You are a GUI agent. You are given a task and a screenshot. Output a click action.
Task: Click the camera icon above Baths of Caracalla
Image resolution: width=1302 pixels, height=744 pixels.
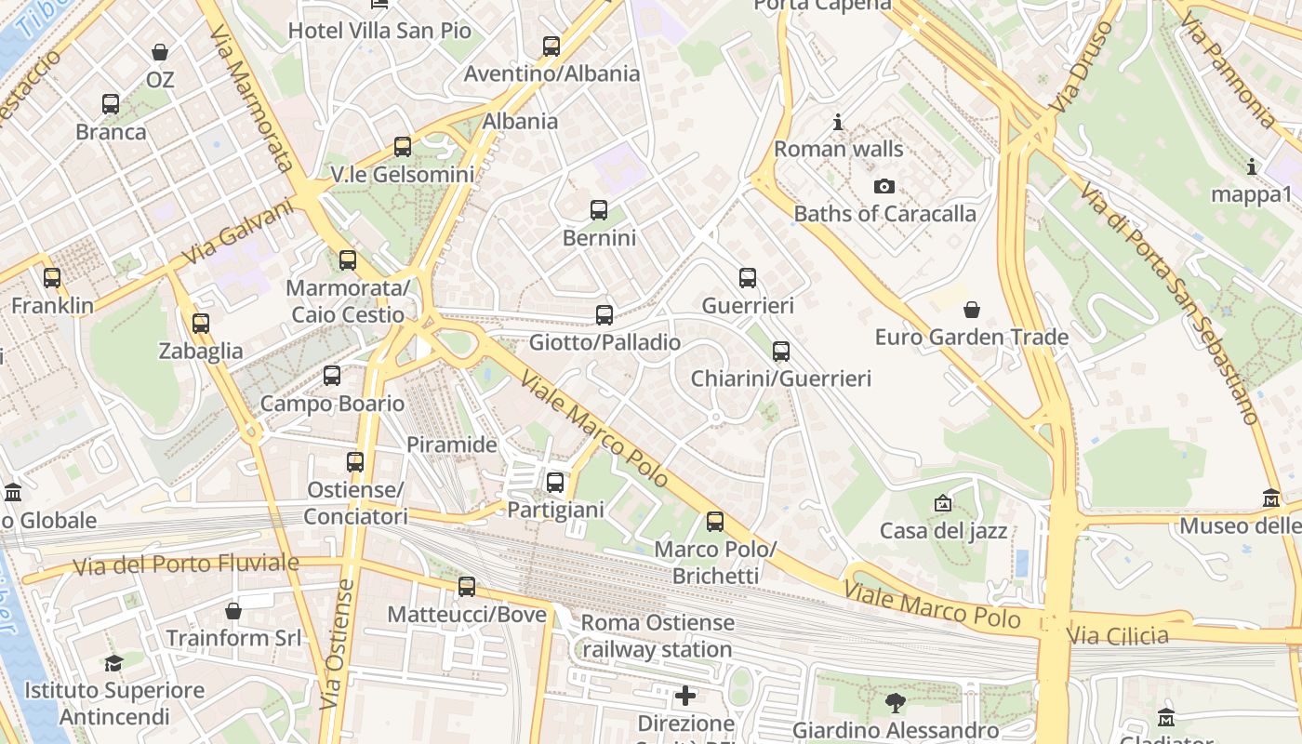click(x=884, y=187)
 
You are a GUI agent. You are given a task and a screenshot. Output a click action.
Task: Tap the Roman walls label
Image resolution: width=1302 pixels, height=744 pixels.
click(x=838, y=149)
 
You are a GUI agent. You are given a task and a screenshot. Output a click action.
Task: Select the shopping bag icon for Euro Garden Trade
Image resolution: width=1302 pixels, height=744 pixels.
click(x=972, y=310)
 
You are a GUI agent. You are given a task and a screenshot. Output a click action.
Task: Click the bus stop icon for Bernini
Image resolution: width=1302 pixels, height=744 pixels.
click(x=599, y=210)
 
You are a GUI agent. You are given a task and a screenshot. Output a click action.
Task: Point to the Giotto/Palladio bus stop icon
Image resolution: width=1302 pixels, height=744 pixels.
click(x=604, y=315)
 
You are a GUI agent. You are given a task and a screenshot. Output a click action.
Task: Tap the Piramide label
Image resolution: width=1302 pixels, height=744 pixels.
click(x=452, y=445)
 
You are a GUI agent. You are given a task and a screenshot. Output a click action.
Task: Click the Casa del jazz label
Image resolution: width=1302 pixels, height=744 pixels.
click(x=943, y=531)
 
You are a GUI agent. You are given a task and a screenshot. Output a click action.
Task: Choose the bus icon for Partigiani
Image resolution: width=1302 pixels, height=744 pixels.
click(x=555, y=483)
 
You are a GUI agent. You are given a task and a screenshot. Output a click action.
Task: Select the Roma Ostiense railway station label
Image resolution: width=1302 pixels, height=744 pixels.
click(x=658, y=636)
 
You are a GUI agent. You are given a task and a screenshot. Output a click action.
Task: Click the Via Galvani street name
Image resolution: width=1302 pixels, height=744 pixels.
click(x=237, y=232)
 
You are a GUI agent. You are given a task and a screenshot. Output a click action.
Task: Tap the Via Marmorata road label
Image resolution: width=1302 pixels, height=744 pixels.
click(x=250, y=99)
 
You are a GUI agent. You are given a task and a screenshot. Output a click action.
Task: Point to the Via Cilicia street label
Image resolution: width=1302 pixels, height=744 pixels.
click(x=1118, y=636)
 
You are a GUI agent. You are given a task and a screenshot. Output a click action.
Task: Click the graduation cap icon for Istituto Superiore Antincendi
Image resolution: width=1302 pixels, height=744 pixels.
click(x=113, y=663)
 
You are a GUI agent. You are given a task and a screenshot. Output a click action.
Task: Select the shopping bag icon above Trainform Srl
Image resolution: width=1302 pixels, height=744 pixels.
click(x=233, y=611)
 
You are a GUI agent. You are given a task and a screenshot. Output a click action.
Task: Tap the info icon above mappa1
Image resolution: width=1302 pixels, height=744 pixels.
click(x=1252, y=167)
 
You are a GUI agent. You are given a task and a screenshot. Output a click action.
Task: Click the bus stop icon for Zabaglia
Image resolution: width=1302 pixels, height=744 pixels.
click(x=201, y=324)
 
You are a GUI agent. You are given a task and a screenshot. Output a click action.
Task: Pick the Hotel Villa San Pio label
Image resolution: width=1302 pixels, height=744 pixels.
click(x=379, y=31)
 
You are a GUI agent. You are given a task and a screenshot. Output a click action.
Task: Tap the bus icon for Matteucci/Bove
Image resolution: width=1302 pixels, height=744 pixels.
click(x=467, y=587)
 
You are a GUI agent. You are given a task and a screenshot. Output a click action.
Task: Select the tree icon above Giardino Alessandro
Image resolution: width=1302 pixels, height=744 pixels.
click(x=896, y=703)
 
